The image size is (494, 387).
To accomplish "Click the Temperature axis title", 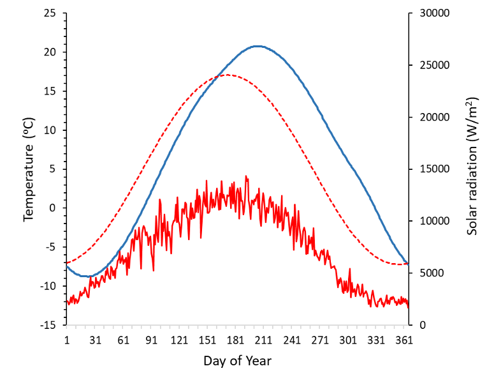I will point(28,169).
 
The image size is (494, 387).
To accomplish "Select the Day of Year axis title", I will point(237,361).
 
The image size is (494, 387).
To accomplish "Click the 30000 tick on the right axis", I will point(433,13).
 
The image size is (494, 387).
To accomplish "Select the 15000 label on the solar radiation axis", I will point(433,169).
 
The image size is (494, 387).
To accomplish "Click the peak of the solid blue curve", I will point(257,46).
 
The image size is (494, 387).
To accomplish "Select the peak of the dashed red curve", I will point(228,75).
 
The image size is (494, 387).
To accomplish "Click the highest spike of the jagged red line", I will point(246,176).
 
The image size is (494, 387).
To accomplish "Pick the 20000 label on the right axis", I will point(433,118).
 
